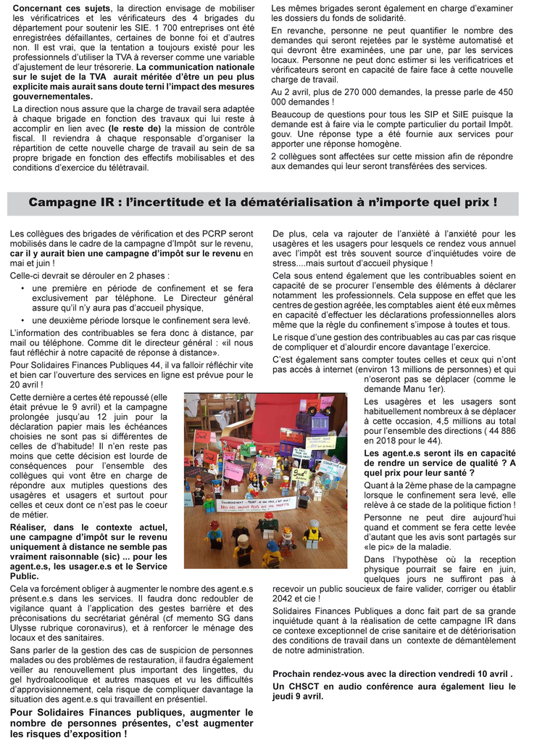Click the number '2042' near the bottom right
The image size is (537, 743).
286,599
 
